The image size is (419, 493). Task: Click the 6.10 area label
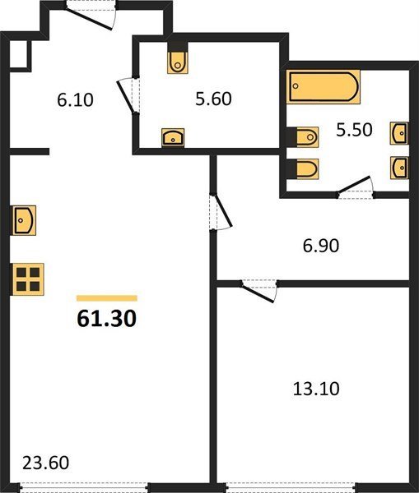point(75,100)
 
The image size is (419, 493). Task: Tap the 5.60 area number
point(213,99)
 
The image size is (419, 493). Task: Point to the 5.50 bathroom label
point(355,130)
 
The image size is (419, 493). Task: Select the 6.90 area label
point(321,246)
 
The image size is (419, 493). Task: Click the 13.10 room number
point(316,389)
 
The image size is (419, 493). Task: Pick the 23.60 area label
point(45,463)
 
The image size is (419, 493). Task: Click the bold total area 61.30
point(107,318)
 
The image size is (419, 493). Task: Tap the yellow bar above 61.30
point(107,298)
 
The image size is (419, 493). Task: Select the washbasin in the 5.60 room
point(173,137)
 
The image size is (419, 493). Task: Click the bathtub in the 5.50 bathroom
point(324,87)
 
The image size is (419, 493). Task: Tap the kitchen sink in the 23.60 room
point(24,220)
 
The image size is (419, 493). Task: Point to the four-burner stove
point(28,279)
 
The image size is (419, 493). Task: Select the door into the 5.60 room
point(128,95)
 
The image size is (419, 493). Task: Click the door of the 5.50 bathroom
point(356,187)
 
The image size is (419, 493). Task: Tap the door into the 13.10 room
point(259,291)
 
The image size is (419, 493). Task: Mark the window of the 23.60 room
point(84,488)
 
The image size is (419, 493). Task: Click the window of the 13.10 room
point(291,488)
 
